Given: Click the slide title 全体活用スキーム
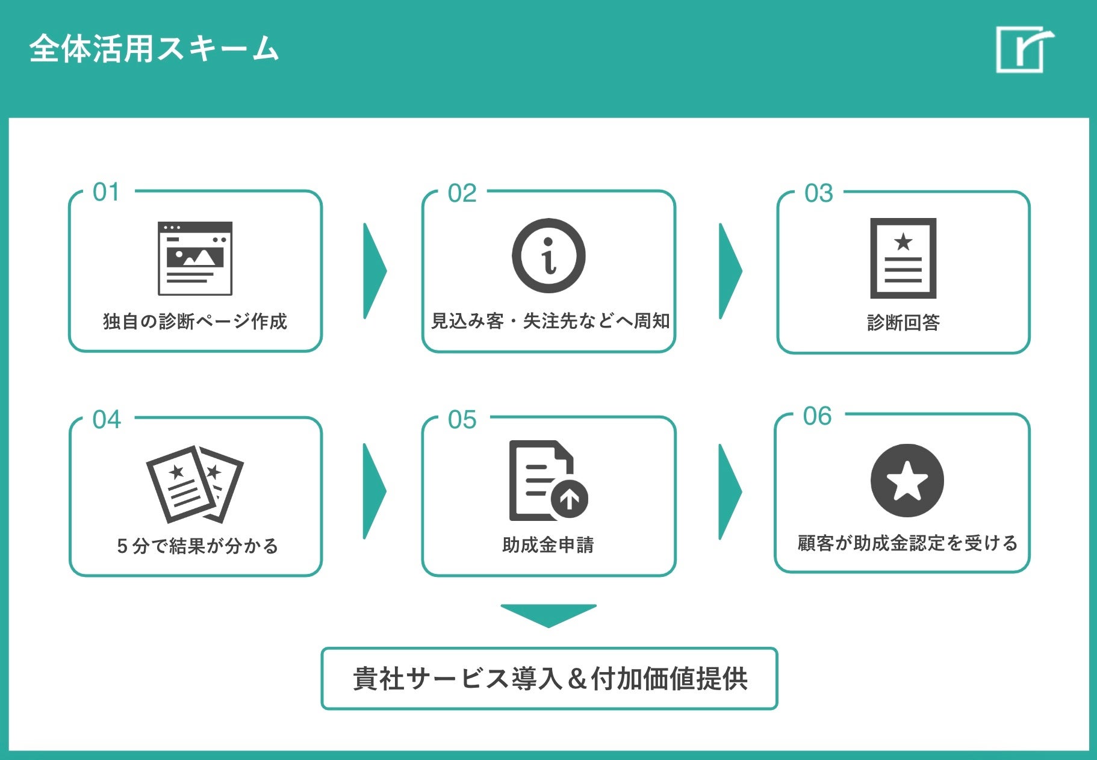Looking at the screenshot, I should click(154, 48).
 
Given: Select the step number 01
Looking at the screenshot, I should click(106, 192).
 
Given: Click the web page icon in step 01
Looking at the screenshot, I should click(195, 258).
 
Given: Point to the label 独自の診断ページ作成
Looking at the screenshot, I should click(195, 322).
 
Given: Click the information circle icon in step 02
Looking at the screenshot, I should click(548, 256).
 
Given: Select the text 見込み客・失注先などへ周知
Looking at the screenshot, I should click(550, 321).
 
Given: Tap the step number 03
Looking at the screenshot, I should click(819, 193).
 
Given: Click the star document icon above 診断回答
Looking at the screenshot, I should click(903, 258).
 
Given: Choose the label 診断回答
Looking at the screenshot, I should click(903, 323).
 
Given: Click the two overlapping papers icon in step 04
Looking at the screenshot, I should click(195, 484).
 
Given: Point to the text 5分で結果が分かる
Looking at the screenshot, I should click(197, 546).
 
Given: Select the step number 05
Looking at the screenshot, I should click(462, 420).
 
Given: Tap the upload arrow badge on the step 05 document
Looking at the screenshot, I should click(570, 499).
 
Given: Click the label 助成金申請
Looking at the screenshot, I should click(548, 545).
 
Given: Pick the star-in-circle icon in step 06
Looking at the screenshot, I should click(907, 481).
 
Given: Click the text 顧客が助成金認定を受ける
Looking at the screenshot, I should click(907, 543).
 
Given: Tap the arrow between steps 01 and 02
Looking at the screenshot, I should click(374, 271).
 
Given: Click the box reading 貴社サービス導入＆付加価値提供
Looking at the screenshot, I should click(549, 679).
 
